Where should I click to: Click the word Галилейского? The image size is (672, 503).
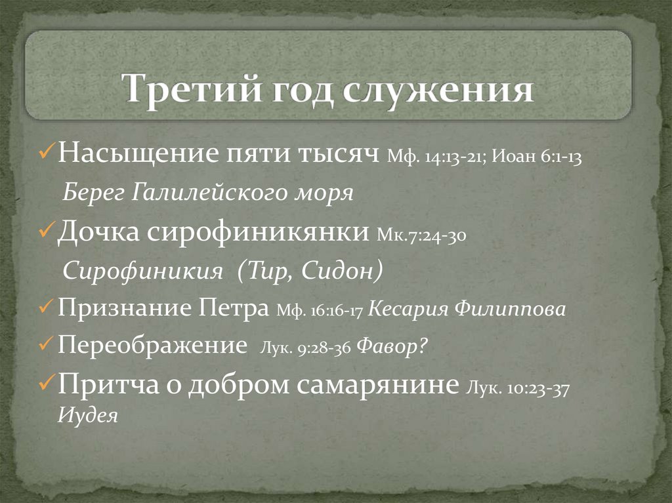pyautogui.click(x=234, y=193)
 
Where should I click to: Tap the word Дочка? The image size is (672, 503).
pyautogui.click(x=98, y=231)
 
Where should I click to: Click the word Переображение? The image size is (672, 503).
pyautogui.click(x=152, y=345)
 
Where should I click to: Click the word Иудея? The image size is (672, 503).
pyautogui.click(x=87, y=416)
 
